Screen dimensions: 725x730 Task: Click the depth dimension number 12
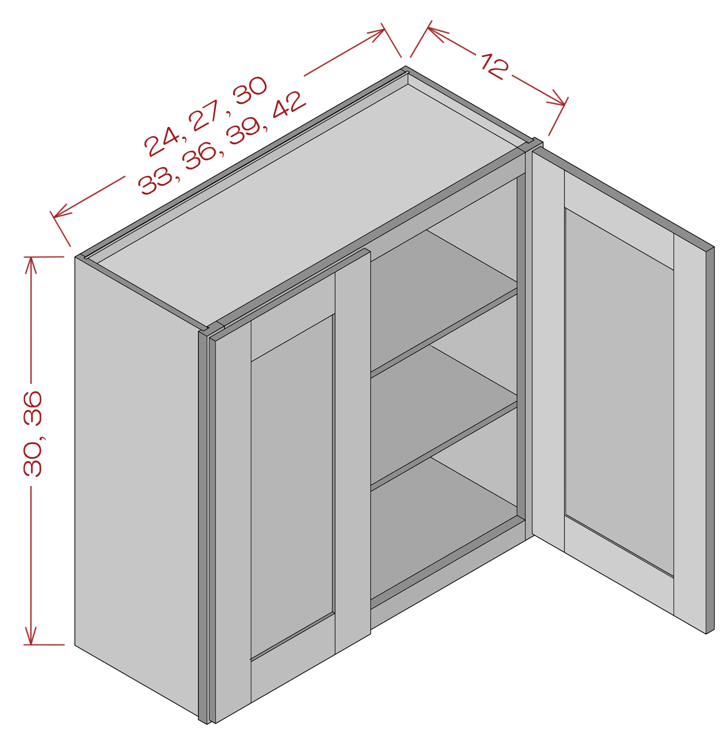pos(495,66)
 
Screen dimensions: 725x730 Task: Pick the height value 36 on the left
pos(33,408)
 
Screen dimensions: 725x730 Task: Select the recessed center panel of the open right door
pos(619,392)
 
